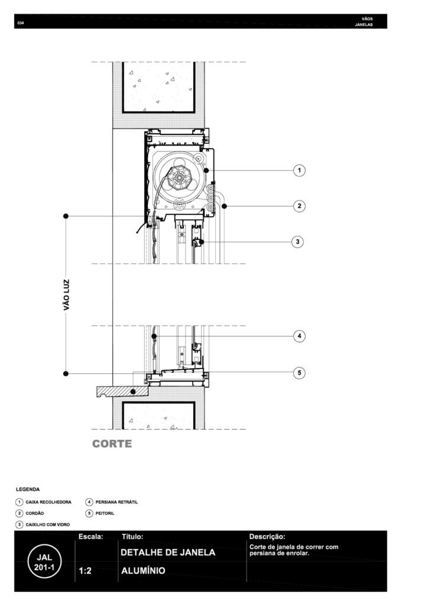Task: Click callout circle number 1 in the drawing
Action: point(299,170)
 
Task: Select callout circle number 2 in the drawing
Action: point(299,206)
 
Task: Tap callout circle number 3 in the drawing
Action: point(297,242)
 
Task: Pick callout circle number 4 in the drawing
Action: point(299,336)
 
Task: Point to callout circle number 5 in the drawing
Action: point(299,373)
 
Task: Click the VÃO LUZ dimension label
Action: point(67,295)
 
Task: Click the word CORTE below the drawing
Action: point(112,444)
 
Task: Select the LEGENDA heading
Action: point(28,489)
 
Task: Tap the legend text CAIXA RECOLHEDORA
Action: point(48,502)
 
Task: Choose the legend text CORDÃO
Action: point(35,513)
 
